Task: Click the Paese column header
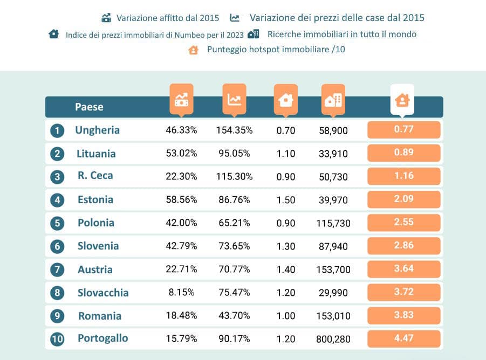click(x=89, y=107)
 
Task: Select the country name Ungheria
click(x=97, y=130)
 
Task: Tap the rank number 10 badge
click(x=57, y=339)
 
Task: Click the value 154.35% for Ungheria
click(x=234, y=130)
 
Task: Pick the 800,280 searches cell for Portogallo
click(x=333, y=339)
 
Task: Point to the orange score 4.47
click(x=403, y=338)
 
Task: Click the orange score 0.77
click(x=403, y=129)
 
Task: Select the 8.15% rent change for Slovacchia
click(x=181, y=293)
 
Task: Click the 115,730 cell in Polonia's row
click(x=333, y=223)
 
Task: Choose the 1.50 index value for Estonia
click(x=285, y=200)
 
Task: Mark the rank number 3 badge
click(x=57, y=177)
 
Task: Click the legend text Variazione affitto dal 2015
click(x=168, y=18)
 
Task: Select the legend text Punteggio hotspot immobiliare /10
click(x=276, y=50)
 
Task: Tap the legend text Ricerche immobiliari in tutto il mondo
click(x=341, y=34)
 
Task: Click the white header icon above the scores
click(x=402, y=100)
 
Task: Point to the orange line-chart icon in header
click(x=234, y=99)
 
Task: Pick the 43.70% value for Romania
click(x=233, y=316)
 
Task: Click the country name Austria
click(x=94, y=269)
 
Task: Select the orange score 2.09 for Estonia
click(x=403, y=199)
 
